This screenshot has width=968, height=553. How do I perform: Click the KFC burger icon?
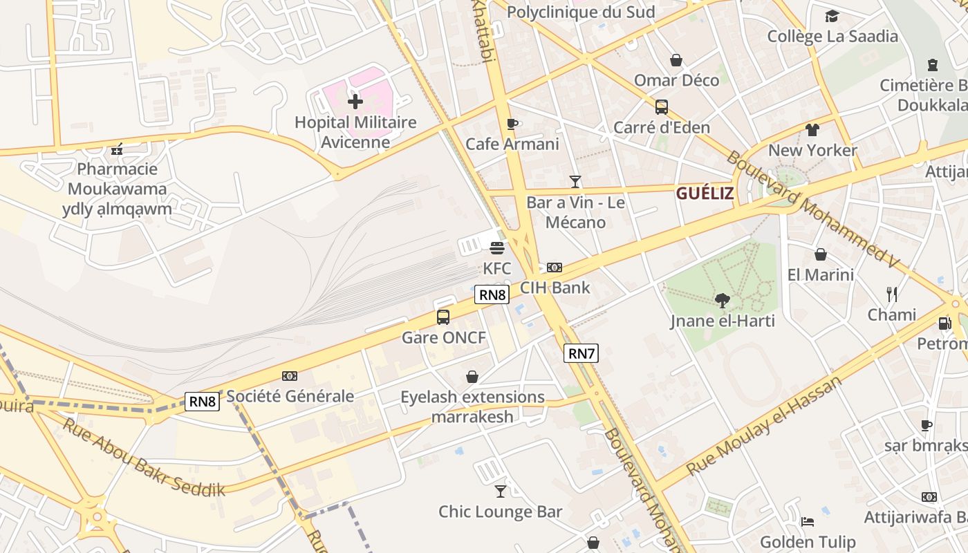point(496,247)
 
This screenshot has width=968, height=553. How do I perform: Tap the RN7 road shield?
point(581,354)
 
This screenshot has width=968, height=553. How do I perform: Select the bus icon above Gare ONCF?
point(443,317)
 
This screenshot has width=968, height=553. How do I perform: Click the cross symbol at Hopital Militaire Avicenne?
point(355,102)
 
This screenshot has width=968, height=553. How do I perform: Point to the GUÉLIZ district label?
point(705,194)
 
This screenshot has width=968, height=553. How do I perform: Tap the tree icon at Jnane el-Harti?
point(723,300)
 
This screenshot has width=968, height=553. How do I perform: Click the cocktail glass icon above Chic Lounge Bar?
point(500,491)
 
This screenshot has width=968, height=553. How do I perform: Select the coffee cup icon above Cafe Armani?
point(512,124)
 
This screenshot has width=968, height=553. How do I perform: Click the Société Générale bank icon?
point(290,376)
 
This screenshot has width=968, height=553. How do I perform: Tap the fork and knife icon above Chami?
point(892,294)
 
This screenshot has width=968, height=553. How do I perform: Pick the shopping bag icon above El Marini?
point(821,254)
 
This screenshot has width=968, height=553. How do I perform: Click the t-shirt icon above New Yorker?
point(812,130)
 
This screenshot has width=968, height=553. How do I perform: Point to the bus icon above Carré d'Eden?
point(662,107)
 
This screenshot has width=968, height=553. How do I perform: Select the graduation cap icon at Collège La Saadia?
point(832,16)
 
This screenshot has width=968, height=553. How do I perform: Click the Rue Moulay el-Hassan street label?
point(764,427)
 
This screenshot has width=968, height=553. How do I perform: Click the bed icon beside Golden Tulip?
point(807,522)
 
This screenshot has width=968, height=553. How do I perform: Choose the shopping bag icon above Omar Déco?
point(676,60)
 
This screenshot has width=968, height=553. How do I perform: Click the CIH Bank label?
point(555,288)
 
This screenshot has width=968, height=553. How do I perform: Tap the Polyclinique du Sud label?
point(581,12)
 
